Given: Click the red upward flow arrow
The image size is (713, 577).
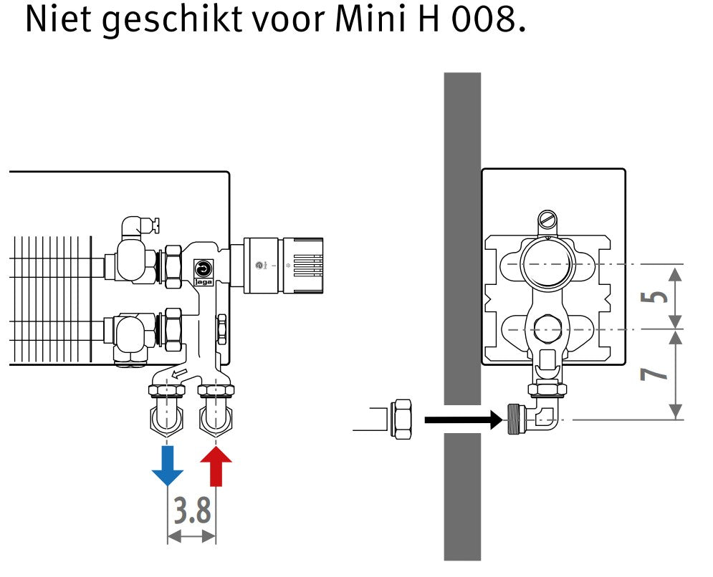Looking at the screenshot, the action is (x=216, y=466).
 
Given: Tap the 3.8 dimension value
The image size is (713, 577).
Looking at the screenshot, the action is (x=192, y=510).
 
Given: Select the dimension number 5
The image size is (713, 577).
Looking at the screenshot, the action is (x=654, y=296).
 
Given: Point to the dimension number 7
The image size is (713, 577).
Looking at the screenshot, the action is (x=654, y=374).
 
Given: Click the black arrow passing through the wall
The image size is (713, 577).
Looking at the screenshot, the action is (x=464, y=420).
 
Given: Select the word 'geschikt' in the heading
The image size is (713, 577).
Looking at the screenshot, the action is (x=172, y=21).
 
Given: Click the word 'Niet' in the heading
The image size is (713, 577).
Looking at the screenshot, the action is (x=58, y=19).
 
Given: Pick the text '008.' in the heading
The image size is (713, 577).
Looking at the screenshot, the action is (x=489, y=19).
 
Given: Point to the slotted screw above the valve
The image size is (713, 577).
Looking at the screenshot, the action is (x=547, y=221).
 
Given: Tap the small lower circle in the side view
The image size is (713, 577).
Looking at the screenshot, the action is (x=547, y=329).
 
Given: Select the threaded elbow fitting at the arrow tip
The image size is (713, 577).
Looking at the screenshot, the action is (x=532, y=418).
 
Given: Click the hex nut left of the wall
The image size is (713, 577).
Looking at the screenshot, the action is (x=401, y=419).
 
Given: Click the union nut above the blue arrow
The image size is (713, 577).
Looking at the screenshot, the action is (x=167, y=390).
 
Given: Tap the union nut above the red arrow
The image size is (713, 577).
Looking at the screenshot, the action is (x=216, y=390).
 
